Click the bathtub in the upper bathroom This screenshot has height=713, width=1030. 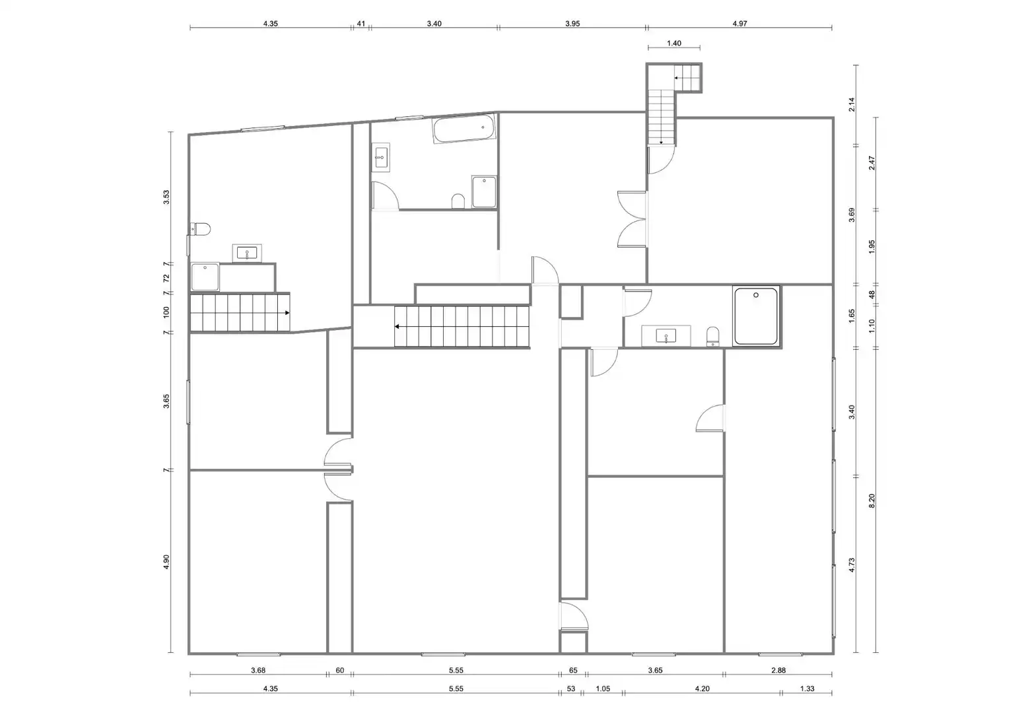[x=464, y=129]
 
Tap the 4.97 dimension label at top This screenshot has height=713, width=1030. [x=740, y=24]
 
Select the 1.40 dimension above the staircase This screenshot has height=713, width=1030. [x=674, y=43]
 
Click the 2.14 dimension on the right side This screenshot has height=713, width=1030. [x=852, y=104]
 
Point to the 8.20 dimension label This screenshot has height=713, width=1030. [x=872, y=500]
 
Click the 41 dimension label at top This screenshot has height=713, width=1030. [x=361, y=24]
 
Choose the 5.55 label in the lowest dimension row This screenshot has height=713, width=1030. [x=456, y=689]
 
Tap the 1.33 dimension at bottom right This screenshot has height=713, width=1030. [x=807, y=689]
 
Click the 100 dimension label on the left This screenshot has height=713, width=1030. [x=166, y=312]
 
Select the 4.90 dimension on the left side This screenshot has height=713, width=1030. [x=166, y=562]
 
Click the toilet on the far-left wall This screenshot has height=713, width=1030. [x=201, y=228]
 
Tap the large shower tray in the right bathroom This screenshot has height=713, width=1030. [x=756, y=316]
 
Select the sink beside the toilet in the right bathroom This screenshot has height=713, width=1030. [x=666, y=336]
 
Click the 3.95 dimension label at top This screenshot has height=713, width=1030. [x=572, y=24]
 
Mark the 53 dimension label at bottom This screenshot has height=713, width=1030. [x=571, y=689]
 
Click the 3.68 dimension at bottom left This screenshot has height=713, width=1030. [x=258, y=670]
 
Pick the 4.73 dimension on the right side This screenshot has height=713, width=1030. [x=852, y=565]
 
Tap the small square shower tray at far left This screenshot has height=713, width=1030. [x=205, y=277]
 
